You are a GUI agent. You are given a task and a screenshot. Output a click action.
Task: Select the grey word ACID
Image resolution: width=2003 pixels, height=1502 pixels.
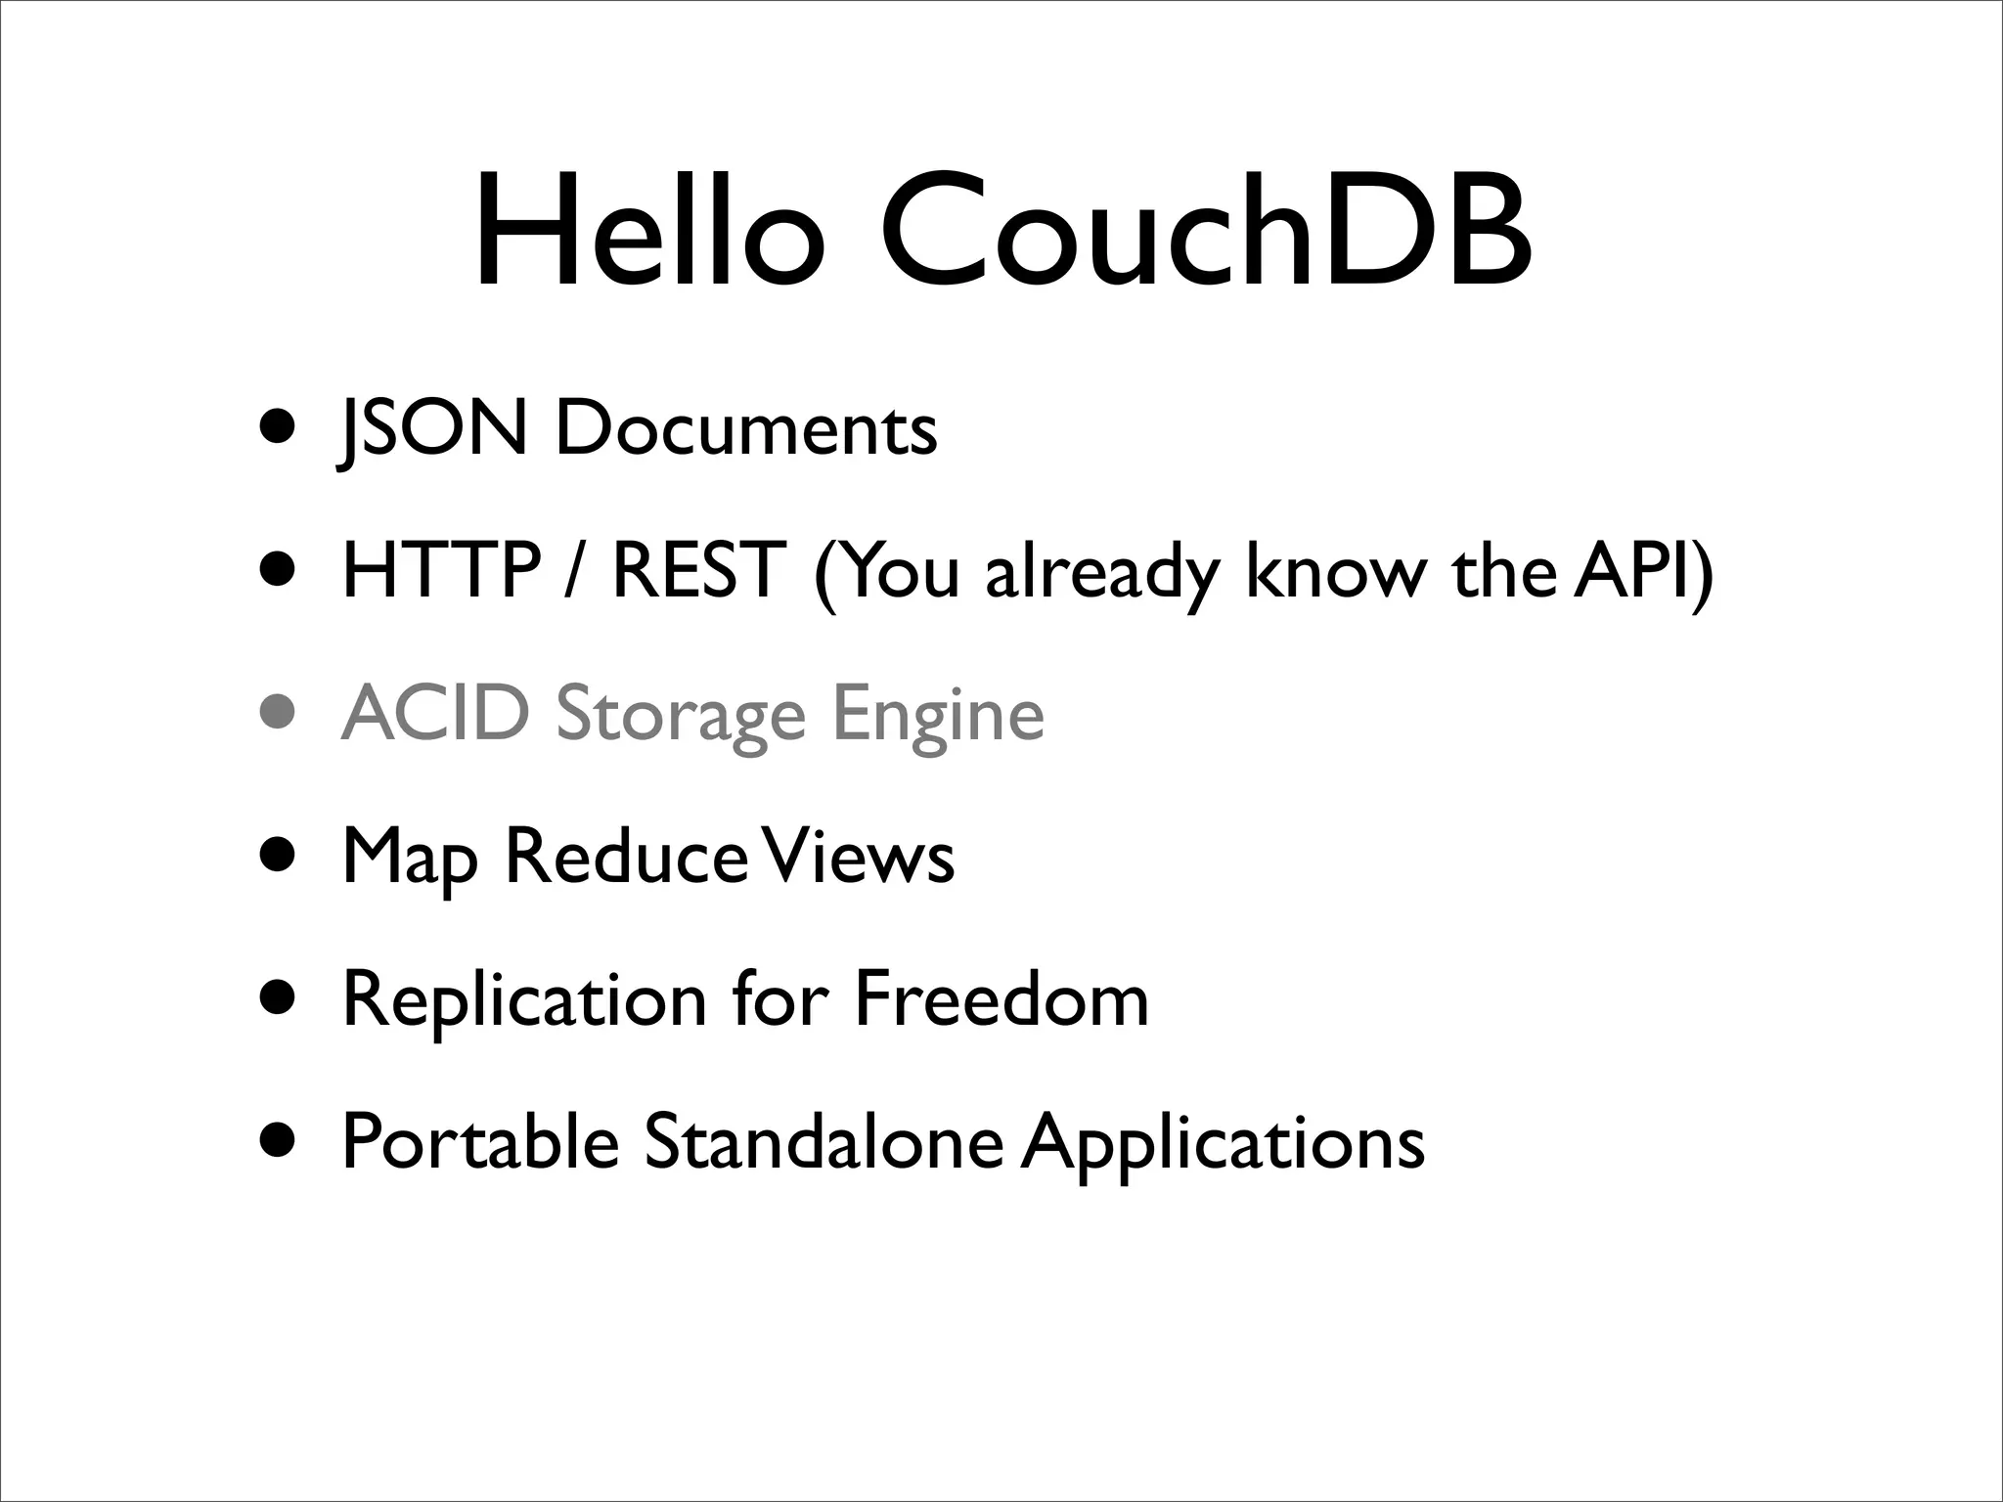[x=435, y=713]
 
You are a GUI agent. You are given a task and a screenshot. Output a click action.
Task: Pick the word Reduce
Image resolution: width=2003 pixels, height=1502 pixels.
[x=626, y=857]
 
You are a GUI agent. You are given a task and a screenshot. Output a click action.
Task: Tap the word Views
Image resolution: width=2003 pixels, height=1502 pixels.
[x=858, y=857]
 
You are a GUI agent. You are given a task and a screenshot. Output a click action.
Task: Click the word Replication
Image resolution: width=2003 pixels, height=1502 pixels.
[x=524, y=1001]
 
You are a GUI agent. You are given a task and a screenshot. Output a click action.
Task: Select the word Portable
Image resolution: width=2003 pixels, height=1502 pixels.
[x=480, y=1141]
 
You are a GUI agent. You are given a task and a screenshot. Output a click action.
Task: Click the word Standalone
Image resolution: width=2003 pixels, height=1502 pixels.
[x=823, y=1141]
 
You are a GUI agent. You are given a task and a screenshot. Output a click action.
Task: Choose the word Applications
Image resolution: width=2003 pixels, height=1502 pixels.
[x=1223, y=1144]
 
